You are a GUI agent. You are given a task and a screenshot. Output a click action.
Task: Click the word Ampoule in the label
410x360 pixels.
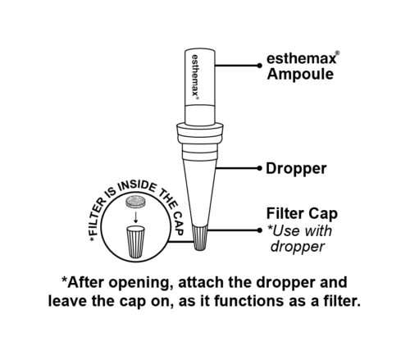300,75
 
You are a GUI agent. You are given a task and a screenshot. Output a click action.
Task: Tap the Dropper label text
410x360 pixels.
296,169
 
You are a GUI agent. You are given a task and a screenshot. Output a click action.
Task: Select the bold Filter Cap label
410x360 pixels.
302,214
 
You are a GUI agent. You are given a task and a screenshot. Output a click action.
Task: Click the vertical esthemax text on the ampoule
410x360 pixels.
195,76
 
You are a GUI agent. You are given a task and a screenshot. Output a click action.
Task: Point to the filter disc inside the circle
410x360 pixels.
134,203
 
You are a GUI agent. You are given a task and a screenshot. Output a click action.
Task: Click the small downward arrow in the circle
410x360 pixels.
135,217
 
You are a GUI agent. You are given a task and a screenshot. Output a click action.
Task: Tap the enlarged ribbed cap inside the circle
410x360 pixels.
135,242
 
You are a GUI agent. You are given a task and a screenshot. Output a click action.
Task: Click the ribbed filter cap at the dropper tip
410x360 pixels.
200,237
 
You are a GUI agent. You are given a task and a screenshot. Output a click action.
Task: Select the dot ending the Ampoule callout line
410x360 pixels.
259,66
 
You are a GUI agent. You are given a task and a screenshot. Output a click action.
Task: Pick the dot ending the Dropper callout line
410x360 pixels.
259,168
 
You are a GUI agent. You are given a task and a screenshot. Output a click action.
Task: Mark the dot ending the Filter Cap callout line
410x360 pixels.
259,230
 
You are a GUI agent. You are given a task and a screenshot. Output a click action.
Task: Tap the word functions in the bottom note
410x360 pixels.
249,301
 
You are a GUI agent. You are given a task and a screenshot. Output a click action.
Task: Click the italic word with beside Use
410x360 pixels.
318,231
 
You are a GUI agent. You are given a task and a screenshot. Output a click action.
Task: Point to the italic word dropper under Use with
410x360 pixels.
298,247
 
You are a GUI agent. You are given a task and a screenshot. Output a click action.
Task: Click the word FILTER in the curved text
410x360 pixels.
98,216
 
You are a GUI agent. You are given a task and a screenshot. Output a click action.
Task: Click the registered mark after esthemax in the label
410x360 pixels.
338,53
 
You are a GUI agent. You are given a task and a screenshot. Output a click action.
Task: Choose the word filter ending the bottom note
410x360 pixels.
345,301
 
